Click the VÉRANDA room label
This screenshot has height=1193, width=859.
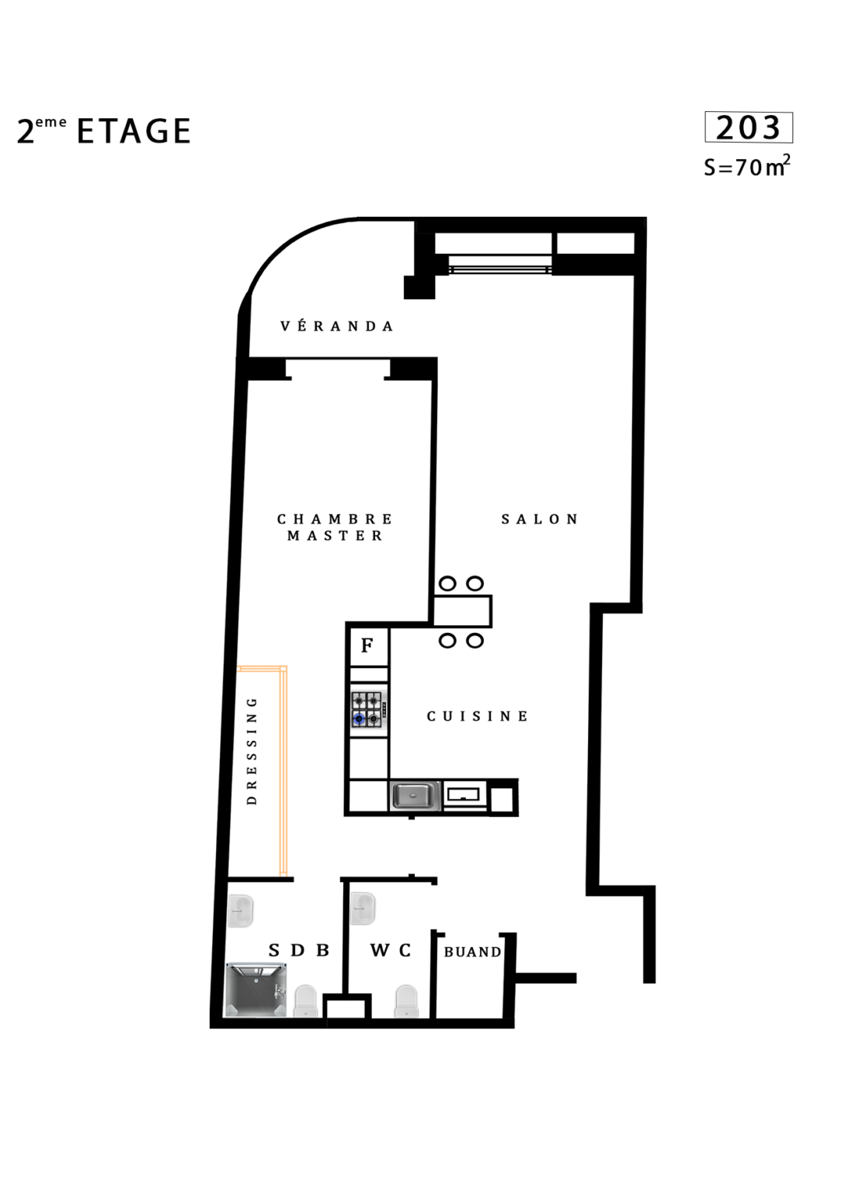pos(336,325)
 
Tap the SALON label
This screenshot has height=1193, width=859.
pos(540,519)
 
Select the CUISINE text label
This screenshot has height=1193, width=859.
pos(477,716)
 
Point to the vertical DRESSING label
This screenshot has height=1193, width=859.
pos(252,751)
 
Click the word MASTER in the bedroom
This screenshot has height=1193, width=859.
pos(335,535)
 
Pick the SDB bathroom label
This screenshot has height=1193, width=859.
pos(299,950)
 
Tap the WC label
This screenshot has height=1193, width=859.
pos(391,950)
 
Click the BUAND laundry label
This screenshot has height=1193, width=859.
pos(472,951)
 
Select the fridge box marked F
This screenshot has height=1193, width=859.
pos(368,645)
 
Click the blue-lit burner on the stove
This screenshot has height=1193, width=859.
pos(360,719)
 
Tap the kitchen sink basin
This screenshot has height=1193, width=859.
pos(415,795)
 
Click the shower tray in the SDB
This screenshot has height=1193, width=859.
pos(256,990)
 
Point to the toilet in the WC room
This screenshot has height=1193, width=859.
pos(406,1000)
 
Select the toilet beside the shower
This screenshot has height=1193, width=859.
pos(306,1000)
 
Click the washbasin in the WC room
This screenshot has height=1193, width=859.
pos(363,909)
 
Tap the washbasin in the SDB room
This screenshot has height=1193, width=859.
pos(241,910)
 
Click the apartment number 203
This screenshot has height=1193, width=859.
pos(748,128)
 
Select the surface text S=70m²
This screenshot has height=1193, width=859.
pos(746,166)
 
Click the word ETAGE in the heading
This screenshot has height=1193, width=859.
pos(134,131)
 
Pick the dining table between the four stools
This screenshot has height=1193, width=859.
pos(462,611)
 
